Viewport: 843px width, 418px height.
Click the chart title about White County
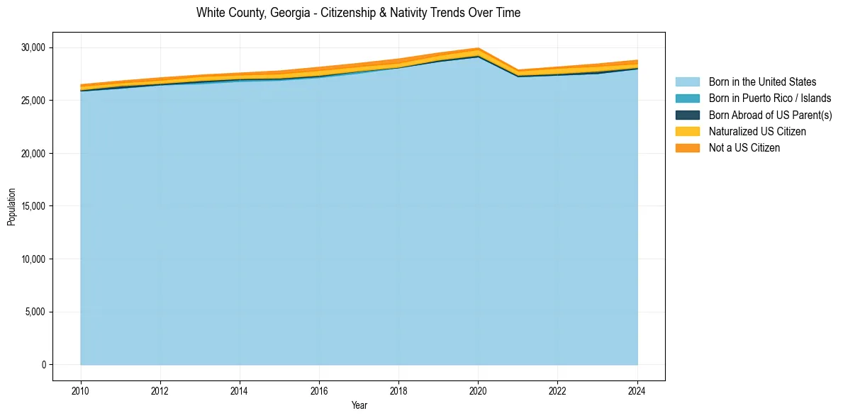[x=358, y=13]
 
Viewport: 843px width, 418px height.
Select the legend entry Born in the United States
[x=762, y=82]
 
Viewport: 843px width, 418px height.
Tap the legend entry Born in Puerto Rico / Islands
[x=770, y=98]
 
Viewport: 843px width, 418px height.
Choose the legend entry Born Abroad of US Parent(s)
[x=770, y=115]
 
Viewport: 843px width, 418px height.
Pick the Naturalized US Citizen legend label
[x=757, y=132]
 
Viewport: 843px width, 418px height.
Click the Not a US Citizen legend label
[x=744, y=148]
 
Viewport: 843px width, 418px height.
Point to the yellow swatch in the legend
[x=687, y=132]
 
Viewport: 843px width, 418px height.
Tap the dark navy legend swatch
[x=687, y=115]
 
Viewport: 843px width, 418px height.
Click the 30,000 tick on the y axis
[x=33, y=48]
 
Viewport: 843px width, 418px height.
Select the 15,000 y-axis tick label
[x=33, y=206]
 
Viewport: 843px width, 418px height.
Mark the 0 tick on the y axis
[x=43, y=365]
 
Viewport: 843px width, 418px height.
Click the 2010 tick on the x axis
[x=81, y=390]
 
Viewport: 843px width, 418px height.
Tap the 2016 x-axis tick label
[x=319, y=390]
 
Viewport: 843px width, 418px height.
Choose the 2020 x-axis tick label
[x=478, y=390]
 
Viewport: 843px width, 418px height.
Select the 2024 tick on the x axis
[x=637, y=390]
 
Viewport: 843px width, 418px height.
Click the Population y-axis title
[x=11, y=207]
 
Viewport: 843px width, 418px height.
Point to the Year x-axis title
[x=359, y=405]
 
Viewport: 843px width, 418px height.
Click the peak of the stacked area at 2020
[x=478, y=48]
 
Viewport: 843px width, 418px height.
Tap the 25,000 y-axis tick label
[x=33, y=101]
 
